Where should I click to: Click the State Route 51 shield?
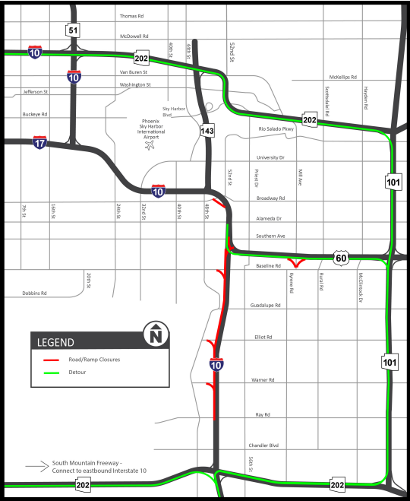tap(72, 30)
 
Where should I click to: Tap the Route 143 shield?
tap(207, 131)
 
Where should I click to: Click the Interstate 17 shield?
tap(40, 142)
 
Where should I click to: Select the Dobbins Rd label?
tap(33, 293)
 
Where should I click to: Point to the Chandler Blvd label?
tap(263, 446)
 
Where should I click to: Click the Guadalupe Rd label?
tap(266, 306)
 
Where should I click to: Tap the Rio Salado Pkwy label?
tap(276, 128)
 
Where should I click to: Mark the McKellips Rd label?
tap(342, 77)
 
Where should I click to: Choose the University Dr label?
tap(271, 157)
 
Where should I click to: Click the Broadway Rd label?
tap(271, 198)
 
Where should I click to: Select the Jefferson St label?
tap(35, 91)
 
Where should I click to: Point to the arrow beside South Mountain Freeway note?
tap(36, 465)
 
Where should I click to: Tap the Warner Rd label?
tap(263, 379)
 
